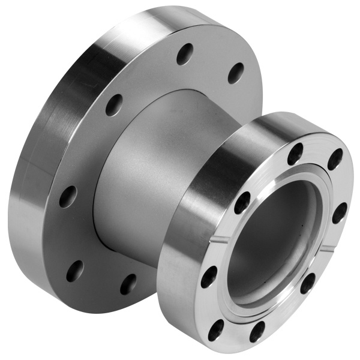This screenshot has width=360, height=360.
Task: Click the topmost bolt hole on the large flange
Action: click(x=185, y=54)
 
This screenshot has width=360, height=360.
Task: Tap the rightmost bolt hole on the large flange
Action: click(x=236, y=73)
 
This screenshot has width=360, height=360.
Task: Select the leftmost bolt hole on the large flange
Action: click(x=68, y=196)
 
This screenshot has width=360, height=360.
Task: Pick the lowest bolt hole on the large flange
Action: click(x=128, y=283)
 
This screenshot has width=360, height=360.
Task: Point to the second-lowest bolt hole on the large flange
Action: click(x=74, y=271)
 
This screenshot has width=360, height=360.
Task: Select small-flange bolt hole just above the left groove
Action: click(x=242, y=202)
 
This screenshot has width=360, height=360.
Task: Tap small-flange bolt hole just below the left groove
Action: click(x=209, y=277)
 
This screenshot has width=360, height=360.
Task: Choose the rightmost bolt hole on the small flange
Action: click(x=339, y=212)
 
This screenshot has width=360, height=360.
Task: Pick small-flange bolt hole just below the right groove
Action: click(x=308, y=283)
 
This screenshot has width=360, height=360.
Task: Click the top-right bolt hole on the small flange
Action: click(x=335, y=159)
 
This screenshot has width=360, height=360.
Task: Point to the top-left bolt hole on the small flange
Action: click(x=295, y=154)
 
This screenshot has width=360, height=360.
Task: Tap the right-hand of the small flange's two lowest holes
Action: click(x=257, y=331)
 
